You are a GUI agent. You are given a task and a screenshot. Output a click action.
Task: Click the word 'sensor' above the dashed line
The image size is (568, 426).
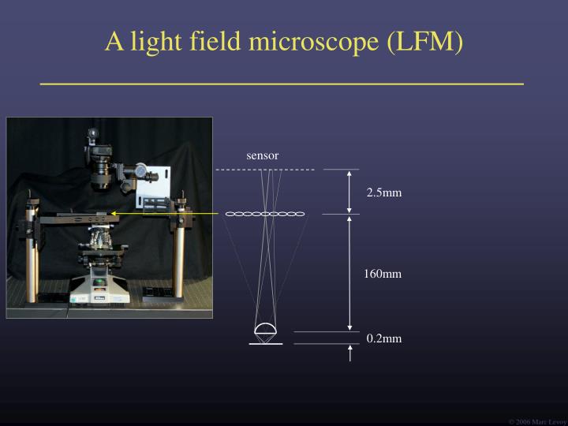pos(262,155)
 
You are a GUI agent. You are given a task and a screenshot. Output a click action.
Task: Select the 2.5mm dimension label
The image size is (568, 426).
pos(383,192)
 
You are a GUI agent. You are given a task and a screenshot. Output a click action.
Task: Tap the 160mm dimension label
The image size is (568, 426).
pos(383,274)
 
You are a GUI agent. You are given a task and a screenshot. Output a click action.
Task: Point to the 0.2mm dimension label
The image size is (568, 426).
pos(383,338)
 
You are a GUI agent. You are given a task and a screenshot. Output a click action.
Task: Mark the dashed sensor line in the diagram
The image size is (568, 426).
pos(265,170)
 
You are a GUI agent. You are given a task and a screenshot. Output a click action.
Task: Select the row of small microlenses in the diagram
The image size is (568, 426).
pos(265,214)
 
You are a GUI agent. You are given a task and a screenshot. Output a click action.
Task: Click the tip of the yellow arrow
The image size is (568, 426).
pos(112,213)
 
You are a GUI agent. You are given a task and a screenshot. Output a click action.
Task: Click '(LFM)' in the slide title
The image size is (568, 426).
pos(425,41)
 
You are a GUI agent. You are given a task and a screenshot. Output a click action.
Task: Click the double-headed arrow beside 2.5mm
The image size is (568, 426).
pos(349,192)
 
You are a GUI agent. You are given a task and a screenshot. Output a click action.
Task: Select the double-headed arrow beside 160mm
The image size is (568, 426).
pos(349,273)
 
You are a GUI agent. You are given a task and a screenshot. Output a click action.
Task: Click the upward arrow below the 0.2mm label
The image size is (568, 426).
pos(349,353)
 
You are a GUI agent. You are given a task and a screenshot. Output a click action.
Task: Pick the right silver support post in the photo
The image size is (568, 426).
pos(186,252)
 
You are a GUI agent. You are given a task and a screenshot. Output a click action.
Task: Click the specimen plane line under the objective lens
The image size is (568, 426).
pos(264,344)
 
